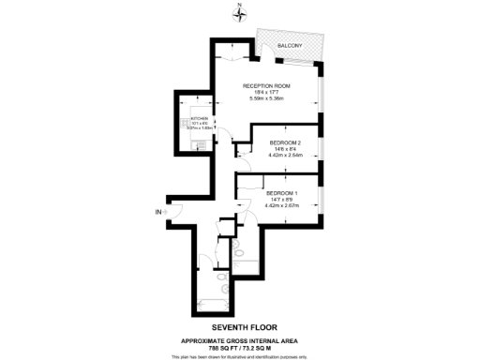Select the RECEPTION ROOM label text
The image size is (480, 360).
click(x=266, y=86)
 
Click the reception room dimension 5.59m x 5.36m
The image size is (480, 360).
click(x=266, y=98)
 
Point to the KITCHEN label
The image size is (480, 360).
click(x=201, y=118)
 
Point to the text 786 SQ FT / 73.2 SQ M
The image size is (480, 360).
click(x=240, y=347)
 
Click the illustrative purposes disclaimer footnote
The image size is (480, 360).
click(x=240, y=356)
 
